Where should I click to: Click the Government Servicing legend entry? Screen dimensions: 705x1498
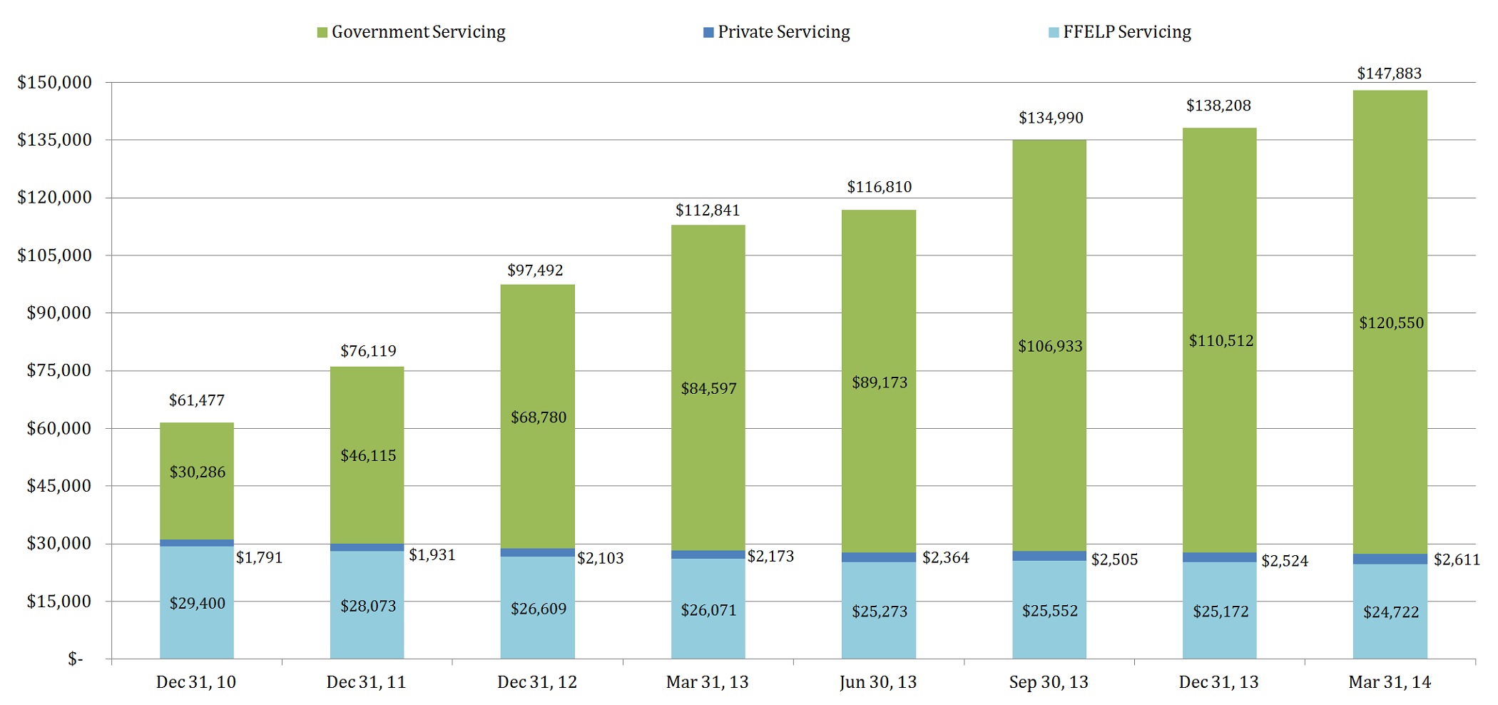(412, 32)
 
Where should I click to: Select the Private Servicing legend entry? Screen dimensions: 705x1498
(777, 32)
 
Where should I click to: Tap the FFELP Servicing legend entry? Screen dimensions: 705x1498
(1120, 32)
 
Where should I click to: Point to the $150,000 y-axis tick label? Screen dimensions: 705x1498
(55, 83)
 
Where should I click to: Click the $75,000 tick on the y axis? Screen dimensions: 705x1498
(59, 370)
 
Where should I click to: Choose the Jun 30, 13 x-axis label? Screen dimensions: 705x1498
(878, 682)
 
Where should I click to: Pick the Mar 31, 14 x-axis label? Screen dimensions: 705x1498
(1390, 682)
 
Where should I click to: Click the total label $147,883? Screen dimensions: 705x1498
(1389, 73)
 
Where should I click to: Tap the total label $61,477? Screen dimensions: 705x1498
(197, 400)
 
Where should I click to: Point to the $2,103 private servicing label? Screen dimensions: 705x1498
(601, 558)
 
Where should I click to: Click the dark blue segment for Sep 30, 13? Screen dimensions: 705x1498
(1049, 556)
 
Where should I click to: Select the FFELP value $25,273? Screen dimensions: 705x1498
(880, 612)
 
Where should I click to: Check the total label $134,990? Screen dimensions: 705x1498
(1051, 118)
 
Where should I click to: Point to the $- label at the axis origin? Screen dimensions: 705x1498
(76, 659)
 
